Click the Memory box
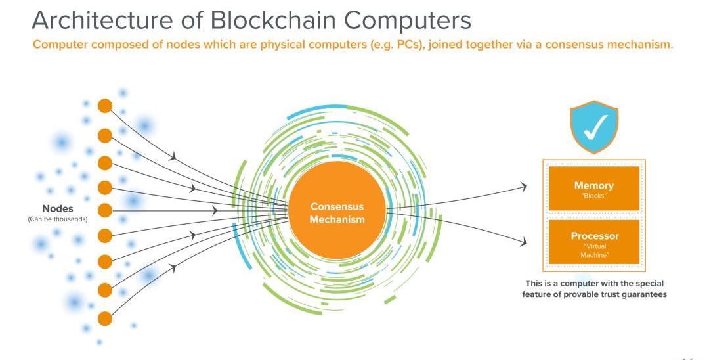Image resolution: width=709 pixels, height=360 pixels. click(593, 189)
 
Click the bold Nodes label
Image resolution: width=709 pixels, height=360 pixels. click(57, 208)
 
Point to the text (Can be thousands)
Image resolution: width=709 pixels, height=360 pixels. click(57, 219)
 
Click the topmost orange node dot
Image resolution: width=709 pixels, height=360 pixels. click(105, 106)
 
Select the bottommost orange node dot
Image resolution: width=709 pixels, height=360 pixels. click(105, 319)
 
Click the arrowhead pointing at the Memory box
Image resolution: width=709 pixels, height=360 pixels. click(523, 187)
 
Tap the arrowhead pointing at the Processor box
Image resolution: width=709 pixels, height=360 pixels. click(523, 242)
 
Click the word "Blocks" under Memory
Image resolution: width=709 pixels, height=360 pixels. click(593, 196)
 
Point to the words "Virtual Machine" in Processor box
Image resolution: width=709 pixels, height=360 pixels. click(595, 250)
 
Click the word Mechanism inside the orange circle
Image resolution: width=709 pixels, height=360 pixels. click(337, 219)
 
